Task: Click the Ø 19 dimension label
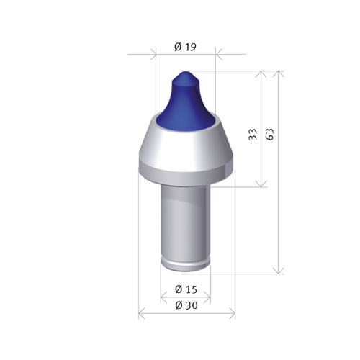tap(185, 47)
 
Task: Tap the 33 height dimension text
tap(253, 135)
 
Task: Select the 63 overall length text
tap(270, 135)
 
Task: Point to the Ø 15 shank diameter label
tap(186, 289)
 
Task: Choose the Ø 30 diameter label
tap(186, 305)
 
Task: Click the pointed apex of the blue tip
tap(185, 72)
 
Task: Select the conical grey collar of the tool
tap(186, 142)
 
